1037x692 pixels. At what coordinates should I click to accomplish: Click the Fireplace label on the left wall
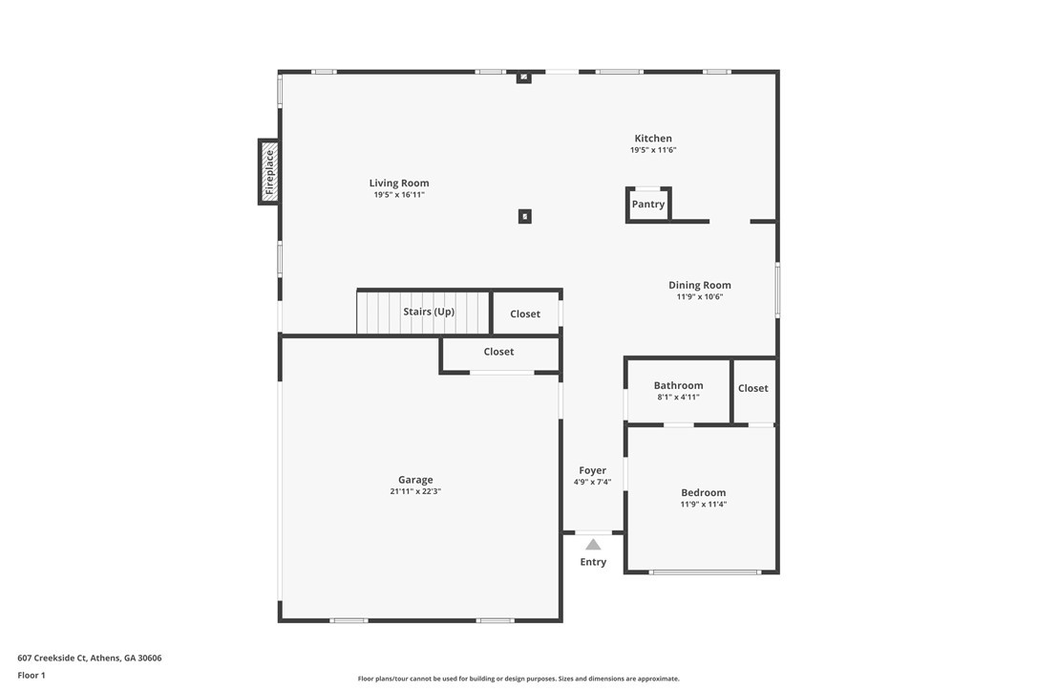pos(269,172)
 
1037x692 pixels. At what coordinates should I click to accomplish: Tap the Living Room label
pos(399,183)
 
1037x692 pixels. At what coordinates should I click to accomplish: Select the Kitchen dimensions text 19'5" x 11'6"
pos(653,150)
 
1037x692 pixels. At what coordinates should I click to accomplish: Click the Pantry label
pos(648,204)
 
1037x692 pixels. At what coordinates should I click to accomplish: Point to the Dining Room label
pos(700,285)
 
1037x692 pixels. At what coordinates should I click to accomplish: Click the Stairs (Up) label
pos(429,312)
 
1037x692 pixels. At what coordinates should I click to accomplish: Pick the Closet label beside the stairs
pos(525,314)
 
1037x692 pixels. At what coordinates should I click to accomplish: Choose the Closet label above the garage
pos(498,352)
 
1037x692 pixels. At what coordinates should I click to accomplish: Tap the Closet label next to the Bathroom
pos(753,388)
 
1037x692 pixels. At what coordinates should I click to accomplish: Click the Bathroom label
pos(679,385)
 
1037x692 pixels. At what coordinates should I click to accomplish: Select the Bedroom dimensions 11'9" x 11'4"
pos(704,504)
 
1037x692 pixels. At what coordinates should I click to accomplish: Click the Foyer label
pos(593,470)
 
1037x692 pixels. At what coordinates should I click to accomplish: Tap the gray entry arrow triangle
pos(593,545)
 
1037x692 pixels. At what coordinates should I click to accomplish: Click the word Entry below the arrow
pos(593,562)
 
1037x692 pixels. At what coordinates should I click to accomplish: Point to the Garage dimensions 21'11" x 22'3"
pos(415,491)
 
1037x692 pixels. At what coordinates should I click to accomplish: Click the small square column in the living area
pos(524,216)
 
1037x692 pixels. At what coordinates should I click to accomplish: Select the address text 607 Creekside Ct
pos(52,658)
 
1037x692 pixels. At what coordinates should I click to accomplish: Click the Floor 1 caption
pos(32,676)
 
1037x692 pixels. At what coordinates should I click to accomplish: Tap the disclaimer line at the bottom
pos(518,678)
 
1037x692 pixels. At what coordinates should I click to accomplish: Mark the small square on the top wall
pos(524,77)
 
